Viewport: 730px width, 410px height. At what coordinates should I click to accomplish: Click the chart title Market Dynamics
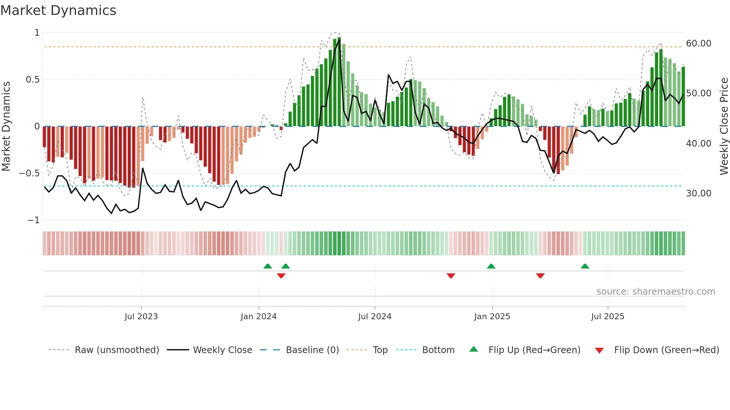[x=58, y=10]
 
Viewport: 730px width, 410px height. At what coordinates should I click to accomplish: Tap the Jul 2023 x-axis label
[x=141, y=317]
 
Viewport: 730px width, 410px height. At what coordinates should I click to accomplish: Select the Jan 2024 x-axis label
[x=258, y=317]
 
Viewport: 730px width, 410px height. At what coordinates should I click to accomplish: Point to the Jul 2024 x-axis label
[x=375, y=317]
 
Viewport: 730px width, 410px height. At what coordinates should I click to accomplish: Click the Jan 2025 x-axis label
[x=492, y=317]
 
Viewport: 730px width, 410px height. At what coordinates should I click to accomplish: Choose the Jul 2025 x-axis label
[x=607, y=317]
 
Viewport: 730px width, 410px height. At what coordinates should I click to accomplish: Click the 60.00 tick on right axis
[x=698, y=44]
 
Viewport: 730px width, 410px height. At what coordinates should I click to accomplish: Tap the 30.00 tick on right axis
[x=698, y=193]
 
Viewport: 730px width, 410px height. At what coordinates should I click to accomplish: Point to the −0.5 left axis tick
[x=29, y=173]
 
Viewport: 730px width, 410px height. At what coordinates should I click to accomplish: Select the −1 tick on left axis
[x=33, y=220]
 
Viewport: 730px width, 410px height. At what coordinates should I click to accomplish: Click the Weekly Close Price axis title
[x=724, y=126]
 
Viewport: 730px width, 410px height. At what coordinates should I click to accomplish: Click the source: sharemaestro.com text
[x=656, y=292]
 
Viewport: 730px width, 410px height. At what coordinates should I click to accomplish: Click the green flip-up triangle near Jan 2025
[x=491, y=266]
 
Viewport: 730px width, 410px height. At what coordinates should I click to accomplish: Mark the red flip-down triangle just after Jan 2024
[x=281, y=275]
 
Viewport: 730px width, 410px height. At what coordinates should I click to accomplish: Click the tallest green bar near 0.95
[x=339, y=82]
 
